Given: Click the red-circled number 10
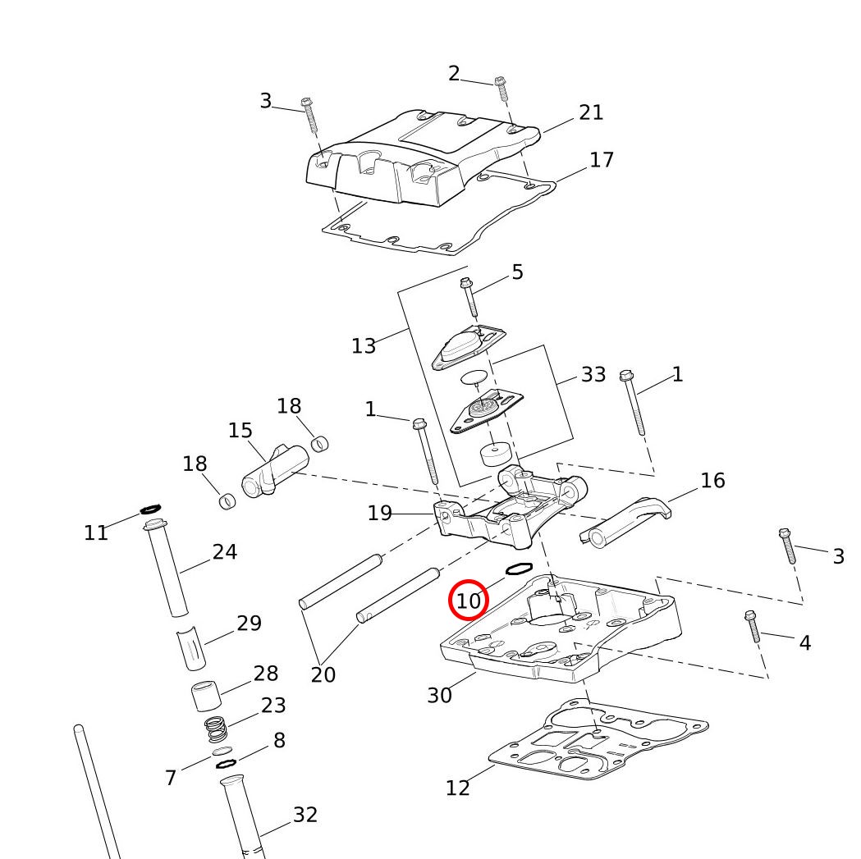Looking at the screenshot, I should click(x=468, y=601).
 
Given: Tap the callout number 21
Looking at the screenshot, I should click(x=591, y=112).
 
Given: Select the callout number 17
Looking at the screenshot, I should click(x=602, y=159).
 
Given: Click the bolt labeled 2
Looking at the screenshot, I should click(x=501, y=89).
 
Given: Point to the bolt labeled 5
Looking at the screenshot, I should click(x=469, y=297).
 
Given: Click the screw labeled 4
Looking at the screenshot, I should click(x=753, y=627).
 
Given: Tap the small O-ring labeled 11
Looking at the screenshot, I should click(x=151, y=509).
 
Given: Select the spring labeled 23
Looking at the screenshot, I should click(x=215, y=728).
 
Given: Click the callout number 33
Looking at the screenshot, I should click(x=593, y=375).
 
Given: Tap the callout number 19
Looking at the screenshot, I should click(x=380, y=514).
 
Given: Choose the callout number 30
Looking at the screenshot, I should click(x=439, y=695).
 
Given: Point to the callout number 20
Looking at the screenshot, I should click(x=323, y=674).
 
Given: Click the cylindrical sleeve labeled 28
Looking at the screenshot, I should click(x=207, y=696).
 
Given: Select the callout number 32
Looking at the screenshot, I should click(x=305, y=815).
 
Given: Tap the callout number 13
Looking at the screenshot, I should click(x=364, y=346).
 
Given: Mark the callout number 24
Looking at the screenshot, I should click(x=224, y=552).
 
